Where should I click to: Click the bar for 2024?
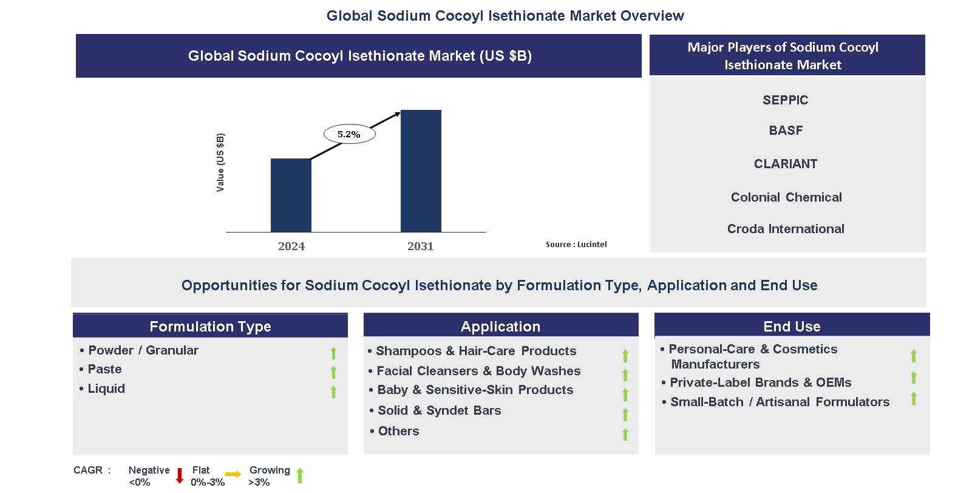(x=291, y=195)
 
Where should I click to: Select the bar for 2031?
(x=421, y=171)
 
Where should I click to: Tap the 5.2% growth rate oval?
(x=349, y=134)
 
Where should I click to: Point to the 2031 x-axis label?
(x=420, y=246)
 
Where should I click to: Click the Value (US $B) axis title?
(x=220, y=162)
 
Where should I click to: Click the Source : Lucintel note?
(x=576, y=245)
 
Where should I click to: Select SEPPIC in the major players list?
(x=785, y=100)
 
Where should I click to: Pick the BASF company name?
(x=786, y=131)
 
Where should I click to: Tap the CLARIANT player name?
(x=786, y=164)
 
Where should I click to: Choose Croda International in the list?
(x=786, y=229)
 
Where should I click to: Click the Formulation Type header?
(x=210, y=326)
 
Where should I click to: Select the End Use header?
(x=792, y=326)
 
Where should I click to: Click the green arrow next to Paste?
(x=333, y=372)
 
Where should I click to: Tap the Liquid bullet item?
(x=106, y=389)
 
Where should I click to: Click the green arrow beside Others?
(x=625, y=434)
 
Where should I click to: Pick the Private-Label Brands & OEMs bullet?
(x=760, y=382)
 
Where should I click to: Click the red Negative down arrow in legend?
(x=180, y=475)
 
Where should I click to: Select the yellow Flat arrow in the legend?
(x=233, y=474)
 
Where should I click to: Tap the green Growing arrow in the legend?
(x=300, y=475)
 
